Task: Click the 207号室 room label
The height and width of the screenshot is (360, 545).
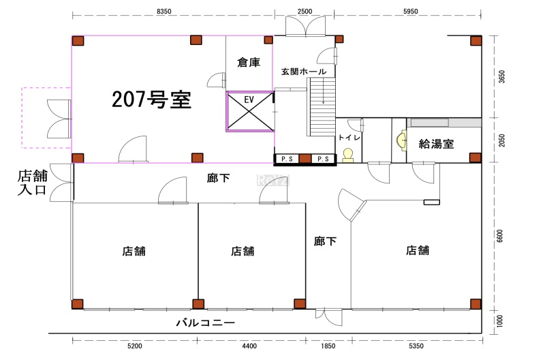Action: (x=151, y=100)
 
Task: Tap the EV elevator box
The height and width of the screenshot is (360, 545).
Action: (x=249, y=112)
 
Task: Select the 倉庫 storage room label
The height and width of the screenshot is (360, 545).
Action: (x=249, y=63)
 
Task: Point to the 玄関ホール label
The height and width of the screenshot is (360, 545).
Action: (x=304, y=72)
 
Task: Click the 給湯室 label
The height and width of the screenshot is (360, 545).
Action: (x=436, y=143)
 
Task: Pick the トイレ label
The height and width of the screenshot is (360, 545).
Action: (x=349, y=138)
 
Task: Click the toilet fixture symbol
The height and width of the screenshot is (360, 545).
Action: (x=349, y=155)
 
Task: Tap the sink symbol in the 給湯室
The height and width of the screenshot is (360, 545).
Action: (x=399, y=141)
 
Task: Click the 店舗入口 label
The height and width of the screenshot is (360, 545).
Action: (x=31, y=183)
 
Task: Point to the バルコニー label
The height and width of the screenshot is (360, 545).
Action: (x=206, y=322)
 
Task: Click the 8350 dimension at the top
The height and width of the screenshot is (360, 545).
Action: (x=163, y=12)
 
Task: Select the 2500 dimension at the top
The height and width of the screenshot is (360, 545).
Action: (x=305, y=12)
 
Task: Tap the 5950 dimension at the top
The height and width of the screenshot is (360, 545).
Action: (x=410, y=12)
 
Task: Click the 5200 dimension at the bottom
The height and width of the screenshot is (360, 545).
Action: (x=135, y=347)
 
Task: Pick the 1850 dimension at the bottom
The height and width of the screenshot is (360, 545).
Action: (x=328, y=347)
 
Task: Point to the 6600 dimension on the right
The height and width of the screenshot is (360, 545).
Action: (x=501, y=236)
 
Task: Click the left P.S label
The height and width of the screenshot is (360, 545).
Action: (x=286, y=160)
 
